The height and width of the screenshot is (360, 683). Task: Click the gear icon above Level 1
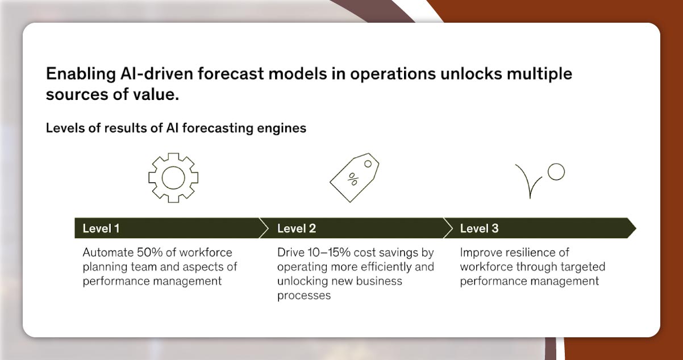[x=173, y=177]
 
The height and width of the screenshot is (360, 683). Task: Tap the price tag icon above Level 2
[x=354, y=177]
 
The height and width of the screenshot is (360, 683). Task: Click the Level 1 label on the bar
[x=101, y=228]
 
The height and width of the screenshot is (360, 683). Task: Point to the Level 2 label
[x=297, y=228]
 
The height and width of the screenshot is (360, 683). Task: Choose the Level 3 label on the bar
[x=479, y=228]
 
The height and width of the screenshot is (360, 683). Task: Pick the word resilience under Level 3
[x=526, y=252]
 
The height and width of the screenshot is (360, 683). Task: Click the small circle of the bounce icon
[x=556, y=172]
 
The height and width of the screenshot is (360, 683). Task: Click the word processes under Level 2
[x=304, y=295]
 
